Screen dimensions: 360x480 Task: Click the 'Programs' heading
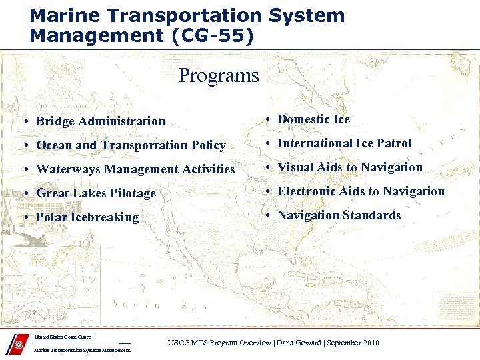coord(218,75)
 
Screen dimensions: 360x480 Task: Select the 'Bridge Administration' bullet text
coord(100,121)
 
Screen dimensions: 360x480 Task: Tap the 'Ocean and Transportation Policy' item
coord(131,145)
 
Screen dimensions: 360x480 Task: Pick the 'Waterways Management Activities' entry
coord(135,169)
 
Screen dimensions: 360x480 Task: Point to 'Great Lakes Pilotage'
coord(95,193)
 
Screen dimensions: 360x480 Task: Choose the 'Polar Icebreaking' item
coord(87,217)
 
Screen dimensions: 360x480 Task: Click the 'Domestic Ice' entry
coord(313,119)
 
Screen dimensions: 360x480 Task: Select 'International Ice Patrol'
coord(344,143)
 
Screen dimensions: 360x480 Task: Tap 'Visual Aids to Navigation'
coord(349,167)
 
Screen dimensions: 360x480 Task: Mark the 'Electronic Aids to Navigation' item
coord(361,191)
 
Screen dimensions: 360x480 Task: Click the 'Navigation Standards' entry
coord(339,215)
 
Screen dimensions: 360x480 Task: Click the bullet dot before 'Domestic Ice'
coord(266,120)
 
